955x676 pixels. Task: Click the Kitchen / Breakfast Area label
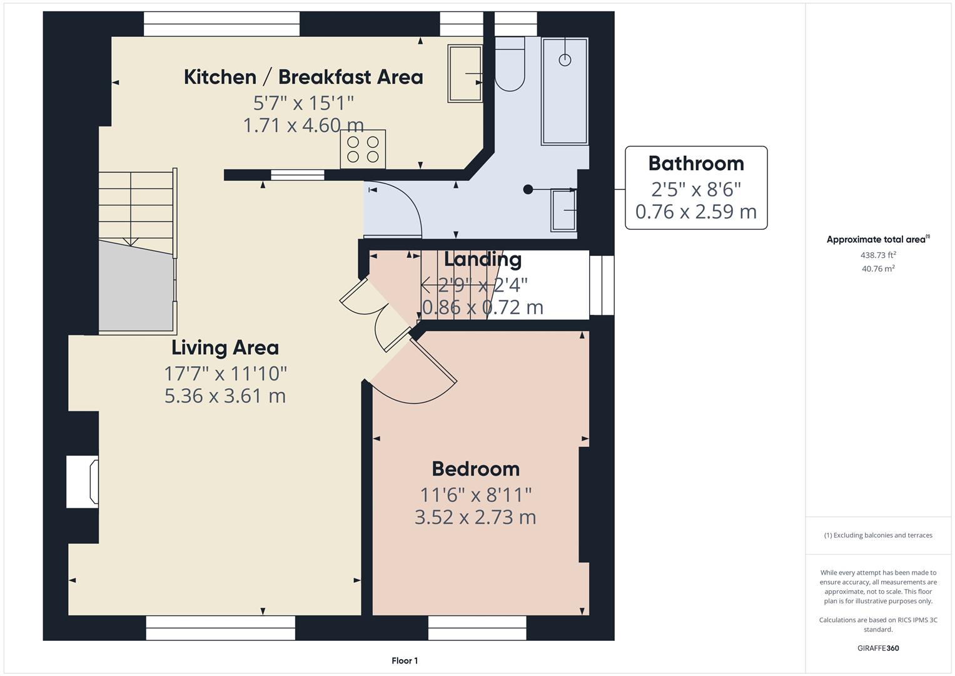[x=303, y=77]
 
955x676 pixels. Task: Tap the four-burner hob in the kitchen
[x=363, y=149]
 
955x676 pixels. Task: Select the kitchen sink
[x=465, y=73]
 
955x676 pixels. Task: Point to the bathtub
[x=565, y=91]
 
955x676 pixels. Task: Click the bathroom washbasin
[x=563, y=210]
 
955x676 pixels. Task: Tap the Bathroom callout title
[x=695, y=163]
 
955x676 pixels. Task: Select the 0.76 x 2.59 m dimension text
[x=695, y=212]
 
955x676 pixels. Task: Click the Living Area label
[x=225, y=347]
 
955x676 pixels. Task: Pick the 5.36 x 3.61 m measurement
[x=225, y=396]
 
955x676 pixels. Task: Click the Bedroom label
[x=475, y=469]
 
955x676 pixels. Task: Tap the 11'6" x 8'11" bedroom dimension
[x=475, y=494]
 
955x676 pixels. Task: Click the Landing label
[x=483, y=259]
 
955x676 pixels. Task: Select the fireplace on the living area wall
[x=83, y=481]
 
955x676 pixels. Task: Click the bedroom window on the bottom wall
[x=477, y=628]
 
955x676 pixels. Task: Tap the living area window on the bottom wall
[x=220, y=628]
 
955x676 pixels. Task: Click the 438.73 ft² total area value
[x=878, y=255]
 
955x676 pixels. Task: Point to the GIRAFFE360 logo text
[x=878, y=648]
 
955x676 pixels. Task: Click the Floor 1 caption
[x=405, y=660]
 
